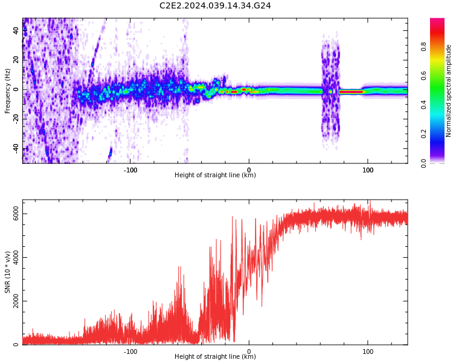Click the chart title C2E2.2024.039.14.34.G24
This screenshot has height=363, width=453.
pos(215,6)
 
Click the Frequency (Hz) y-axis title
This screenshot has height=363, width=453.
pos(8,91)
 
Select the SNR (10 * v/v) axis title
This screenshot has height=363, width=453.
pos(8,273)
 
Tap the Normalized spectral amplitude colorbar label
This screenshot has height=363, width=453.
pos(449,91)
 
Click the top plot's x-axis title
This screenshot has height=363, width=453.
pos(215,175)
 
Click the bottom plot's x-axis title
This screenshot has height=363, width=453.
pos(215,357)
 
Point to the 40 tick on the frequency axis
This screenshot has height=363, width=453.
pos(16,30)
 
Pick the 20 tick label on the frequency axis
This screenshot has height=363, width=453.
pos(16,60)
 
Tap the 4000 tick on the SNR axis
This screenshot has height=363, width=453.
pos(16,257)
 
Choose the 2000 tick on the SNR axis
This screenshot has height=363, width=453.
pos(16,301)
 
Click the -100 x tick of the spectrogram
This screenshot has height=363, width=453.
pos(130,169)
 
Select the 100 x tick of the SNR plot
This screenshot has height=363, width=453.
pos(367,351)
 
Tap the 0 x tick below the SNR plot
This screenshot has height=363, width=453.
pos(249,351)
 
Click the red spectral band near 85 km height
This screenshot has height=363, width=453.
pos(351,92)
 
